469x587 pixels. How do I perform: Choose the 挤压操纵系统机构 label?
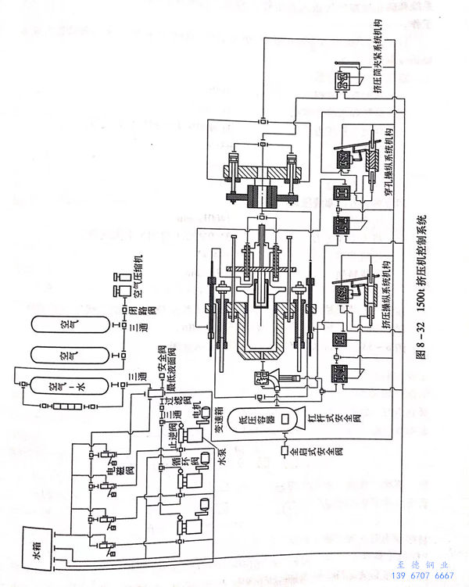(x=388, y=292)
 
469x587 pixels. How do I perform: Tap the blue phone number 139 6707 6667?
(x=421, y=575)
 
